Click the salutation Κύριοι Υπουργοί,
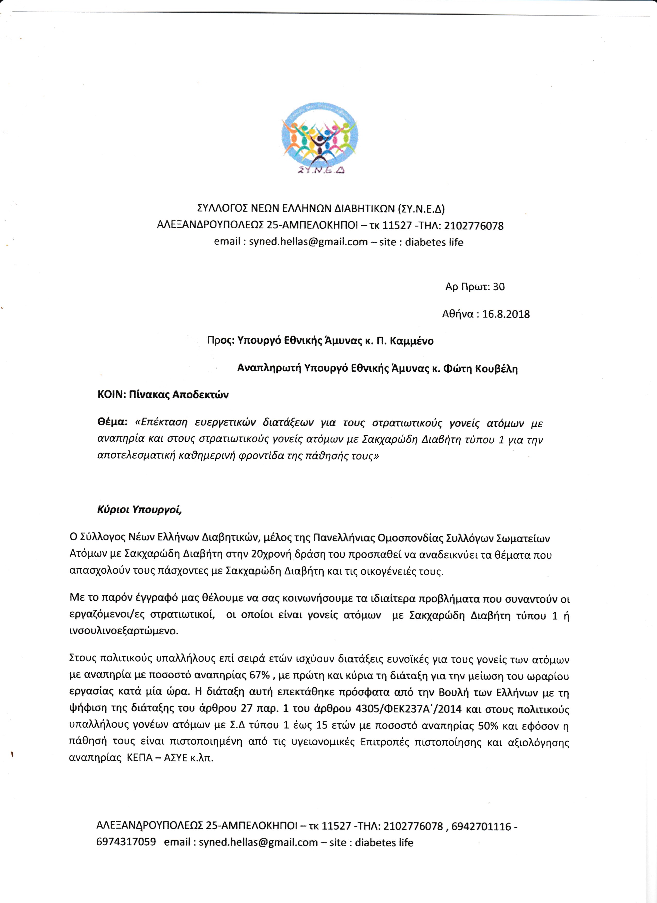[139, 510]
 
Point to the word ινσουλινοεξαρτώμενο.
[124, 631]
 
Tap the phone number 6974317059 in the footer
[126, 842]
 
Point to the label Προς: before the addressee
[221, 341]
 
